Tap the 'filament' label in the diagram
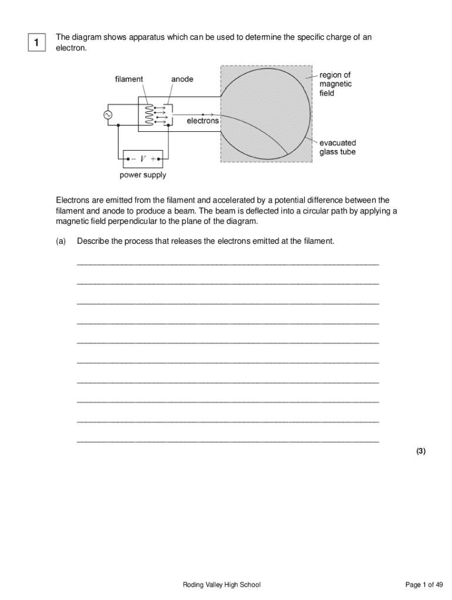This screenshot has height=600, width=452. [129, 79]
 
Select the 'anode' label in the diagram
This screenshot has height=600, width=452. [182, 79]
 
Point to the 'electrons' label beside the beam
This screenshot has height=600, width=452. [203, 121]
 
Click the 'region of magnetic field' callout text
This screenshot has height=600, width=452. [335, 84]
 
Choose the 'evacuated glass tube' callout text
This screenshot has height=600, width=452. [338, 147]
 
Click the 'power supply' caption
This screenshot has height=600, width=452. [143, 175]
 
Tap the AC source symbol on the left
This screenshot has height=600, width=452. [108, 115]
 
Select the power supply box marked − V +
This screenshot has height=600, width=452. [143, 158]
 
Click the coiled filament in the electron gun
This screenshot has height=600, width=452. [149, 115]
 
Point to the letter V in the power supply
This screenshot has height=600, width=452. [143, 158]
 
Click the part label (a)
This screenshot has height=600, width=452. [61, 241]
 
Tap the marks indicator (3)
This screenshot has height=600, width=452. [420, 451]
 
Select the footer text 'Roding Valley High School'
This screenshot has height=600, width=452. [221, 585]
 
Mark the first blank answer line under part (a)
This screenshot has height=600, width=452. [228, 264]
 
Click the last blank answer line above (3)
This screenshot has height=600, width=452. [228, 441]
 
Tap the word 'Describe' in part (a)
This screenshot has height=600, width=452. [93, 241]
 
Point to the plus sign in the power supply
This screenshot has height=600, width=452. [154, 158]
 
